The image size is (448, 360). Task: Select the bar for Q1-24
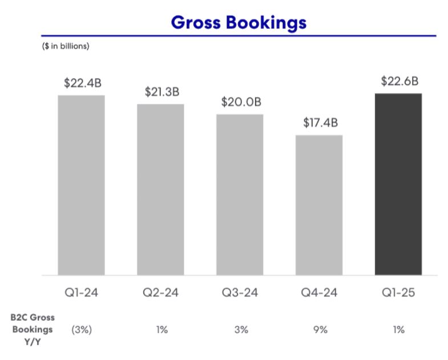[x=81, y=185]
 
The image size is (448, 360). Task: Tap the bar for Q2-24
[x=160, y=189]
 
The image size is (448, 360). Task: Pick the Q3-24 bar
[x=240, y=195]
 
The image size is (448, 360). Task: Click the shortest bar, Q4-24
[x=319, y=205]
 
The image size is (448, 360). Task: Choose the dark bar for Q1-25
[x=398, y=184]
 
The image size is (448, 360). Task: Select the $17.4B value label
[x=319, y=123]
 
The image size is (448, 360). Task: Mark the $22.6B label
[x=398, y=81]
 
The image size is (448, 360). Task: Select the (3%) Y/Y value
[x=81, y=330]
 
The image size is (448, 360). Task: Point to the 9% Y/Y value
[x=319, y=330]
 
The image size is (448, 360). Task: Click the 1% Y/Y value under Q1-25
[x=398, y=330]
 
